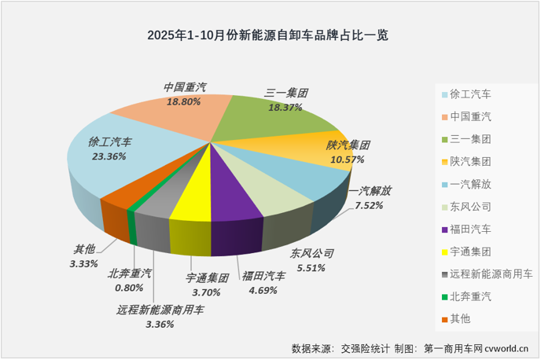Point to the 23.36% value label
click(109, 156)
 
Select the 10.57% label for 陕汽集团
click(347, 160)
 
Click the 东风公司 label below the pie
click(312, 254)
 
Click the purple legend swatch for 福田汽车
click(445, 230)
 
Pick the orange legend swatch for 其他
click(445, 319)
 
